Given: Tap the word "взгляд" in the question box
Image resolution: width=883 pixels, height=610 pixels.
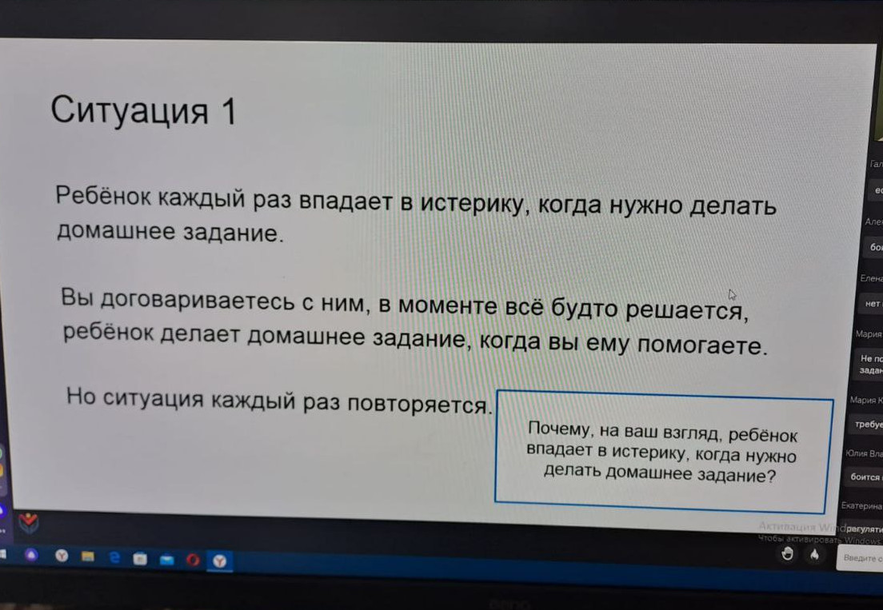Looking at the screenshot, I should click(x=693, y=435).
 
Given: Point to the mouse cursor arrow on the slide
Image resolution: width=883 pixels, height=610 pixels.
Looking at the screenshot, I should click(x=732, y=295).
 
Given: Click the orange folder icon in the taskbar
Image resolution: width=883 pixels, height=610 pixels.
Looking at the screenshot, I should click(x=88, y=556).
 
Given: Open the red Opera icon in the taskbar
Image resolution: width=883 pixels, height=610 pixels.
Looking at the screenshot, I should click(x=192, y=560).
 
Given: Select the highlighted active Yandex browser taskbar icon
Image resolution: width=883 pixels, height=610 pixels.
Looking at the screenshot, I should click(x=218, y=561).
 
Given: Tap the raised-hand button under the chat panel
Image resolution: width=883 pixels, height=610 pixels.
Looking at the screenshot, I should click(x=788, y=554).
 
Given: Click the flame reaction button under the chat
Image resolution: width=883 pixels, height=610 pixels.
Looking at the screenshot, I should click(x=814, y=554).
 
